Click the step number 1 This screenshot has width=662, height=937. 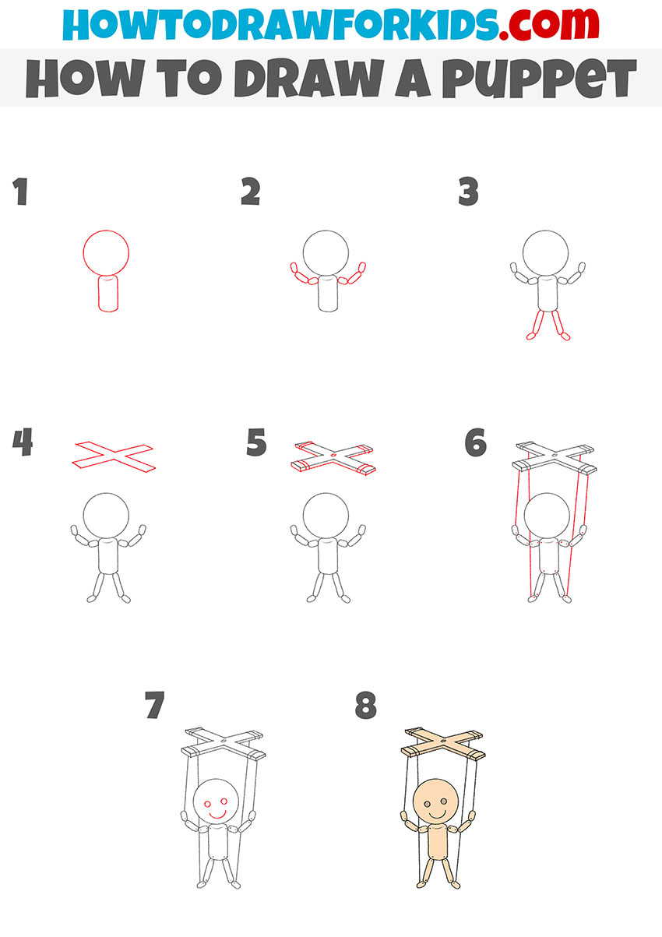tap(20, 192)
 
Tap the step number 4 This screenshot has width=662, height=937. tap(23, 442)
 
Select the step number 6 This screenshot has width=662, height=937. tap(475, 443)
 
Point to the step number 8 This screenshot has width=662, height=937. tap(365, 706)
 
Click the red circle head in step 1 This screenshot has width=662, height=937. tap(106, 253)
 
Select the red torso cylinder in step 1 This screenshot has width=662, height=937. tap(107, 294)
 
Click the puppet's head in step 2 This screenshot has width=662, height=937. tap(326, 252)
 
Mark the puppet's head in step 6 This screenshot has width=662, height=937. tap(547, 515)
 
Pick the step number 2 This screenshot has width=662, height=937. tap(250, 192)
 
